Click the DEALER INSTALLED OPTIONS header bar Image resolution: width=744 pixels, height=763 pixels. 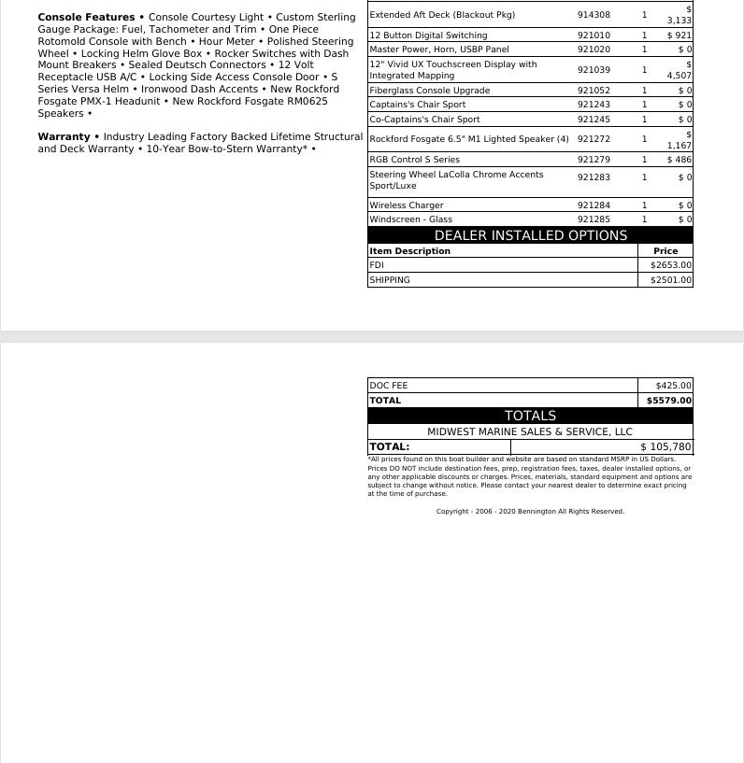pos(530,235)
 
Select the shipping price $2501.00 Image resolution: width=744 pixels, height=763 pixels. pos(671,280)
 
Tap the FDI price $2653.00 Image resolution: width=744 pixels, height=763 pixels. pos(671,265)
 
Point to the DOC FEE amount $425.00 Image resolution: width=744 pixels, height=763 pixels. pos(673,386)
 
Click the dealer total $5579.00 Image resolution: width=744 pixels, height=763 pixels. pos(669,401)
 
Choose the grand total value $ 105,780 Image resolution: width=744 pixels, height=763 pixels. pos(665,447)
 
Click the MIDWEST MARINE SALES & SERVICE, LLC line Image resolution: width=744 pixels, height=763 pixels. pos(530,431)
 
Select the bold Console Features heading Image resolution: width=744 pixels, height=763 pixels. pos(86,18)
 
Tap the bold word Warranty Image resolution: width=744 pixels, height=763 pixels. pos(64,137)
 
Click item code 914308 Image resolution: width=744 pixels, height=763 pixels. pos(594,15)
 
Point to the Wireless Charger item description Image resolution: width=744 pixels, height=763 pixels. pos(407,205)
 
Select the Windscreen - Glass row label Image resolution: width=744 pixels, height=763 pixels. pos(410,219)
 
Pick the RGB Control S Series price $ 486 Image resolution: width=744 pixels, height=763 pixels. pos(680,160)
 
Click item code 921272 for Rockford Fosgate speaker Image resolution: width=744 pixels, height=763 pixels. pos(594,139)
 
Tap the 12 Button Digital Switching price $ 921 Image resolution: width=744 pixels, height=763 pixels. pos(680,35)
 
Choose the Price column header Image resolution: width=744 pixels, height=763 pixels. pos(665,251)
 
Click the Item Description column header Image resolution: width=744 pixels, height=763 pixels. pos(409,251)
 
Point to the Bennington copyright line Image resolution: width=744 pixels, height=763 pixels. pos(530,512)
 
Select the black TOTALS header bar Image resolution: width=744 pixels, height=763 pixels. pos(530,416)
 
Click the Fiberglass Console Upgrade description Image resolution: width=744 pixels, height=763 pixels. pos(429,91)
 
